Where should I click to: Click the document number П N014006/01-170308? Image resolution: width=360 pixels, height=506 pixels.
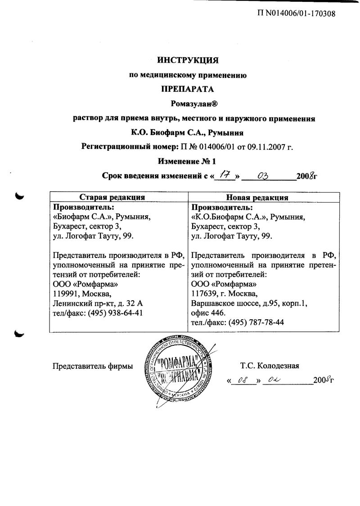296,13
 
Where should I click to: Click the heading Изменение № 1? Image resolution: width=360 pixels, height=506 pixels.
188,161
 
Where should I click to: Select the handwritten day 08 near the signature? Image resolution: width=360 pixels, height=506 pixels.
243,380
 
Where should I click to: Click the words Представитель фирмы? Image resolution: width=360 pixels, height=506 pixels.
93,366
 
